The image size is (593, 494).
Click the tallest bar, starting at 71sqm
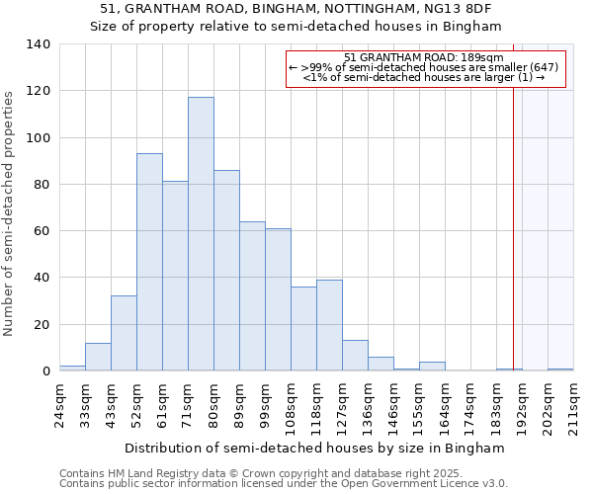coord(201,234)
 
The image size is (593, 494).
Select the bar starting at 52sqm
coord(149,262)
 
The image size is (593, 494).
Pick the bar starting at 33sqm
coord(98,357)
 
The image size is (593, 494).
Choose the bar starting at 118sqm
coord(329,325)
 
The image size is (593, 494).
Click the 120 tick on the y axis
coord(40,91)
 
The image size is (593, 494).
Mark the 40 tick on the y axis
coord(43,278)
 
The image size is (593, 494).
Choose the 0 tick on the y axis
coord(46,371)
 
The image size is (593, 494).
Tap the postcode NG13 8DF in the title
coord(461,8)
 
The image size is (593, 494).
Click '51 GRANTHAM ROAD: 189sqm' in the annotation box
coord(425,57)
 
